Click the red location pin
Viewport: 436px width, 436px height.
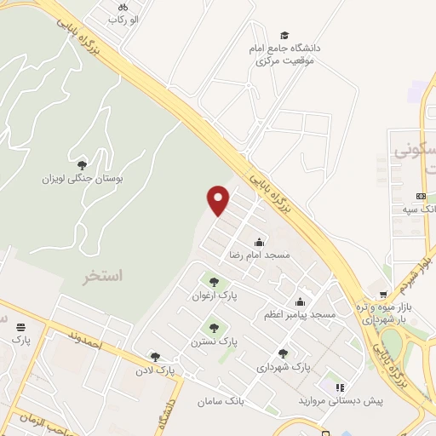(x=219, y=199)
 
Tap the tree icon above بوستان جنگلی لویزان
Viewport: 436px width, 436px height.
(x=82, y=165)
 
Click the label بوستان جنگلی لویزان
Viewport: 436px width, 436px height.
(x=83, y=180)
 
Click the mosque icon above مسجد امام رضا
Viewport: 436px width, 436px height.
(x=259, y=241)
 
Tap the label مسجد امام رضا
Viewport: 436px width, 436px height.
(x=259, y=255)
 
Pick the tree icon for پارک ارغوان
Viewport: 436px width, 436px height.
(x=213, y=282)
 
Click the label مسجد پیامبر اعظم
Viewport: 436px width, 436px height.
(x=300, y=315)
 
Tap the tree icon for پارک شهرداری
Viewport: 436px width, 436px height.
(x=283, y=353)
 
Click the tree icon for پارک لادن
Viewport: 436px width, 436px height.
(x=154, y=358)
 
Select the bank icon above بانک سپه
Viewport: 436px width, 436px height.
(x=420, y=196)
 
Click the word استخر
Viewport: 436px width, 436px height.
(x=103, y=277)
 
